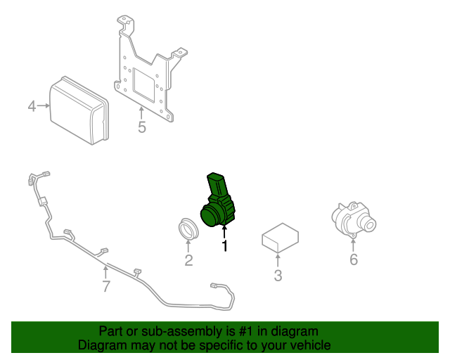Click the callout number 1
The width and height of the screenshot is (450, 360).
click(225, 246)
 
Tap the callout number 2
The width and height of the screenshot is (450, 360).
click(188, 260)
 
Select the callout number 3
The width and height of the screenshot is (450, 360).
click(278, 276)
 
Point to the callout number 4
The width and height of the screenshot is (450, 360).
click(32, 106)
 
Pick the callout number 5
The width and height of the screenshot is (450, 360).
click(142, 127)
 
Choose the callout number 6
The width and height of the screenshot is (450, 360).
click(354, 259)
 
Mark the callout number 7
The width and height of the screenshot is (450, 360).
click(106, 286)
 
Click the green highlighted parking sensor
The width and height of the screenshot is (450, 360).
click(218, 200)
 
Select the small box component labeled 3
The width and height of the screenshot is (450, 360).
click(280, 238)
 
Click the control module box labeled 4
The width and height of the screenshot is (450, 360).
click(79, 110)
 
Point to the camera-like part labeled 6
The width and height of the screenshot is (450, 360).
click(354, 220)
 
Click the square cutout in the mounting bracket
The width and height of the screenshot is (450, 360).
click(144, 84)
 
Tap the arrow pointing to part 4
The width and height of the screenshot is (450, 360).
click(44, 105)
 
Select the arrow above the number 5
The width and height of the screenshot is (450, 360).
click(141, 113)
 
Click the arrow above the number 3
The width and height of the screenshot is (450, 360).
click(278, 261)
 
